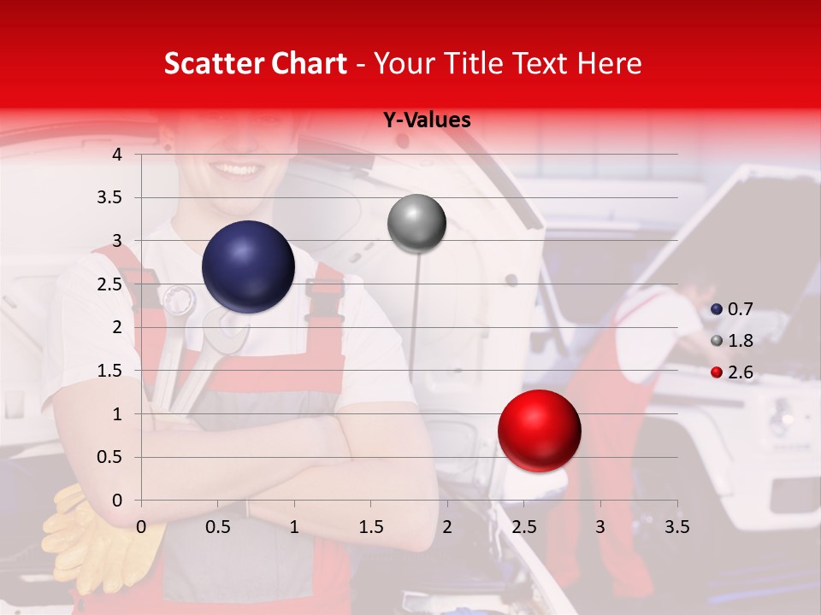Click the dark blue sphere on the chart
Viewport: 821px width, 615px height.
(x=248, y=266)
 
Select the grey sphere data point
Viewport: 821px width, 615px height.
(x=416, y=224)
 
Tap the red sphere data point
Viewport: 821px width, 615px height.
(x=539, y=430)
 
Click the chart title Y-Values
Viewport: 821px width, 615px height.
(x=427, y=120)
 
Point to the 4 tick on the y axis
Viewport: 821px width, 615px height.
(x=117, y=155)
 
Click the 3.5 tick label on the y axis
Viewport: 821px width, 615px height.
(x=110, y=198)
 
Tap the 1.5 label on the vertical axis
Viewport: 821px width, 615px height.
(x=110, y=371)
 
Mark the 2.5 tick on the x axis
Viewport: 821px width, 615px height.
(x=523, y=527)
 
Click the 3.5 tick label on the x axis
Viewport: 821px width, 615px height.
(x=676, y=527)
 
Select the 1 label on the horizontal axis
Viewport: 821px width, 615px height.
(x=294, y=527)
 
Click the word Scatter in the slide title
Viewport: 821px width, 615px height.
(x=210, y=64)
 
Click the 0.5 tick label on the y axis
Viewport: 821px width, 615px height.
(x=110, y=457)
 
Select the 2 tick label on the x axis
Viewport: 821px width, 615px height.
(x=447, y=527)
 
